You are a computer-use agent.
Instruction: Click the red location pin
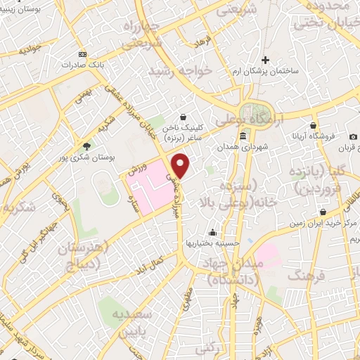[x=181, y=166]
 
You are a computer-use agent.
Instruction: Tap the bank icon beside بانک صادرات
[x=84, y=54]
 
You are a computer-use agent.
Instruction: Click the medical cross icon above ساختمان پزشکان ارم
[x=265, y=60]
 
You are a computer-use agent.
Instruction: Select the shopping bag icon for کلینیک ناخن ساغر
[x=183, y=117]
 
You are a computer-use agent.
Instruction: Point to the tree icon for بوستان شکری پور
[x=86, y=146]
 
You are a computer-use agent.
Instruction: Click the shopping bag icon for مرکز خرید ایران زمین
[x=322, y=211]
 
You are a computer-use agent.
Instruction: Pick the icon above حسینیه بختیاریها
[x=212, y=233]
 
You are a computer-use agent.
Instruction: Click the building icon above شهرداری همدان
[x=243, y=135]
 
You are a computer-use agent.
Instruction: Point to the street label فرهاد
[x=204, y=42]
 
